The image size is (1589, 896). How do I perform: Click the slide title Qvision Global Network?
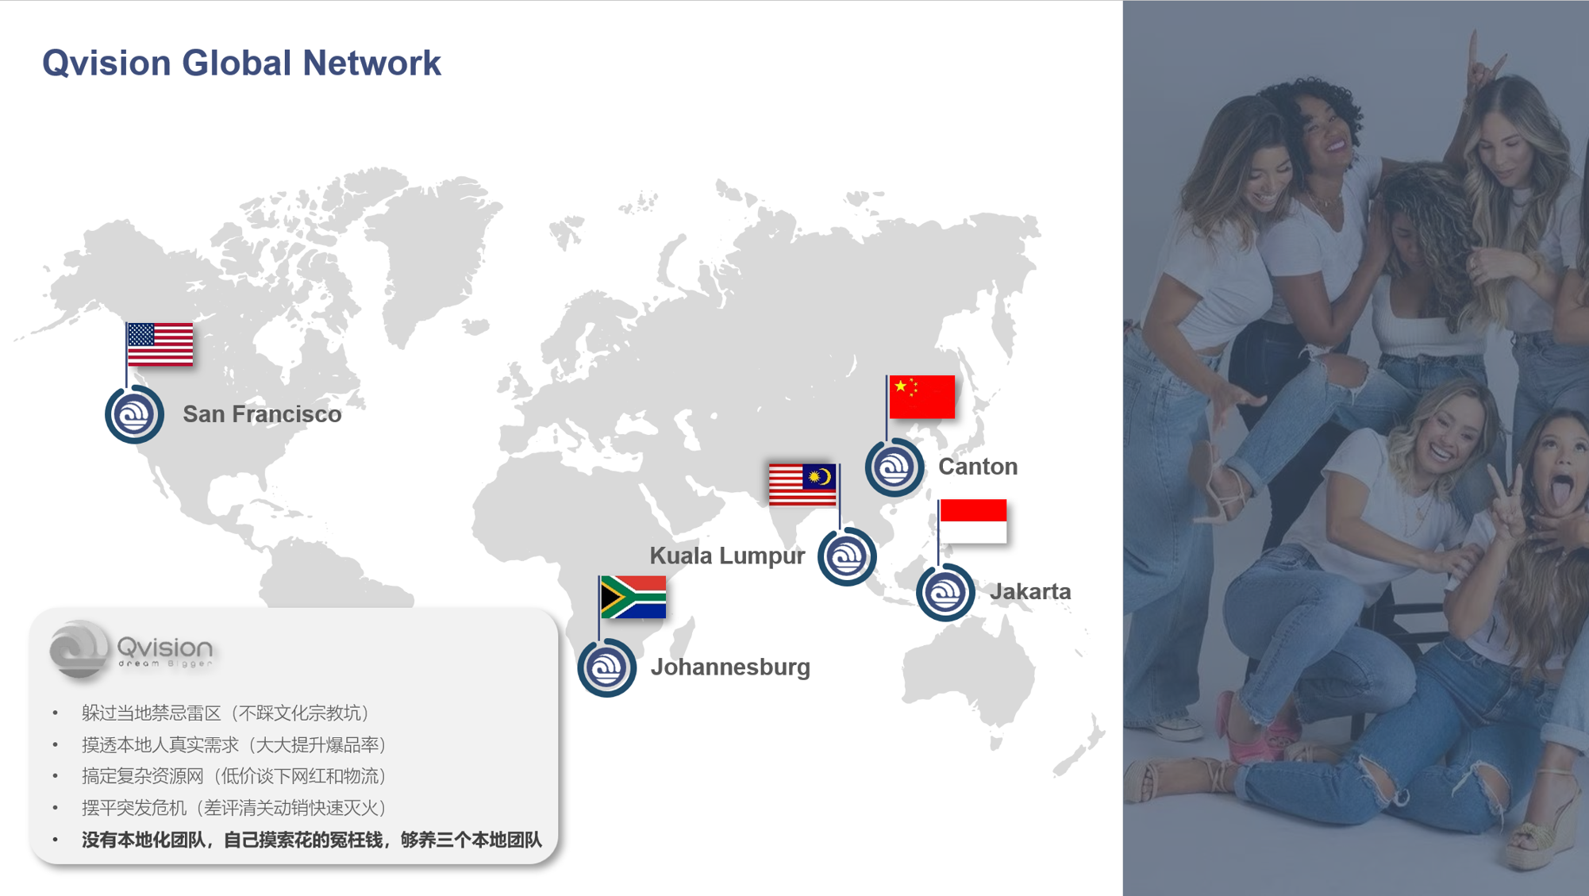coord(241,63)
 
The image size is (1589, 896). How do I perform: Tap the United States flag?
coord(160,344)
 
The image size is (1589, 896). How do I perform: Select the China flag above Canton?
coord(921,397)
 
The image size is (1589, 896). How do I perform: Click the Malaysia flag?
coord(802,485)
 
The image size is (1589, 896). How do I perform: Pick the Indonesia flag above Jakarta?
coord(973,521)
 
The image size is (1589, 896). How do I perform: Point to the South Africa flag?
coord(633,597)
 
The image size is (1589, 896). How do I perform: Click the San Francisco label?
coord(262,414)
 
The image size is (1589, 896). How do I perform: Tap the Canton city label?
coord(978,467)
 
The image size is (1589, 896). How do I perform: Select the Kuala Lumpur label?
coord(727,556)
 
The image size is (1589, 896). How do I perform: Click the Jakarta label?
coord(1030,591)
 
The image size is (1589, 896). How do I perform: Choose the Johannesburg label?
coord(730,667)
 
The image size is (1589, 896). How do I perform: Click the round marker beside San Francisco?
coord(134,414)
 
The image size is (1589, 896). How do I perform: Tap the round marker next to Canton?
coord(895,467)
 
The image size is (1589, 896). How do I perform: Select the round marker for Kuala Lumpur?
coord(847,556)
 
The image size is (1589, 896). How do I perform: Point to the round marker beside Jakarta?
coord(945,592)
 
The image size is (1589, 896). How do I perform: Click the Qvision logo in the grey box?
coord(131,650)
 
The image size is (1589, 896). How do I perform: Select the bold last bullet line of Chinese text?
coord(312,840)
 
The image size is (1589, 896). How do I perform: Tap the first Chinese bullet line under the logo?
coord(225,713)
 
